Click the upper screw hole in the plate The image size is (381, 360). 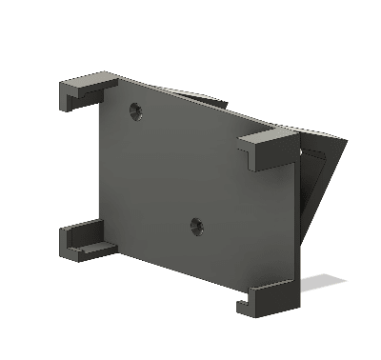point(135,111)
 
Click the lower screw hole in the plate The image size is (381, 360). point(196,227)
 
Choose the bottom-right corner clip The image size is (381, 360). point(271,296)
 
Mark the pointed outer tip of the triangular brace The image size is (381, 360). point(344,142)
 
